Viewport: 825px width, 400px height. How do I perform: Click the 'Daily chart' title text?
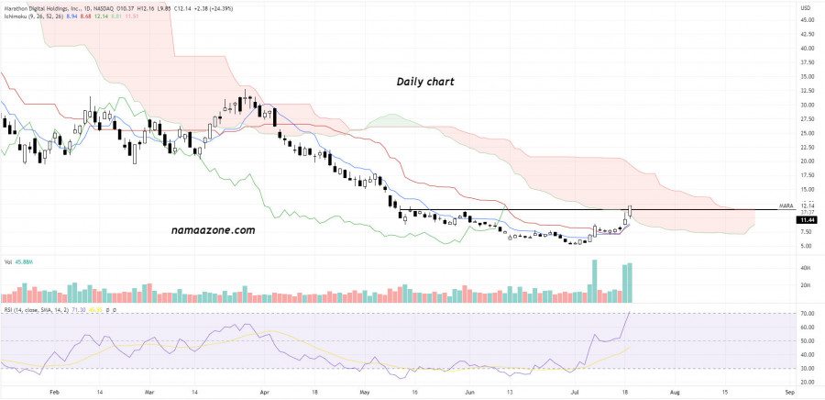[425, 82]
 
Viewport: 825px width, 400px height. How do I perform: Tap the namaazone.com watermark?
[212, 230]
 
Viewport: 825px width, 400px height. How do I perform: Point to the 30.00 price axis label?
[808, 105]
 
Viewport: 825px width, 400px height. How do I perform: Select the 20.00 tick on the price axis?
[808, 161]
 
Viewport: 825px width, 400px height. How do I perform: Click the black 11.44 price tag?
[808, 220]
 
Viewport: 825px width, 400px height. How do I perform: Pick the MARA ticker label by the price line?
[786, 206]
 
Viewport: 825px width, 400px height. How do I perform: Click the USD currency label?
[807, 8]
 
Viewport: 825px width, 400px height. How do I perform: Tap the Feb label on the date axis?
[53, 391]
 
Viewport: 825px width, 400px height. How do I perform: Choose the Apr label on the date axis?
[264, 391]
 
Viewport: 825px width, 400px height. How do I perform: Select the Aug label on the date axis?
[675, 391]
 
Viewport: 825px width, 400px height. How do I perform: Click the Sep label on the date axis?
[777, 391]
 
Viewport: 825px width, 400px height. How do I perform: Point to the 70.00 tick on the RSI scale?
[807, 314]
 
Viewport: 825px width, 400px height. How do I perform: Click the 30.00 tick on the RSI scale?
[807, 368]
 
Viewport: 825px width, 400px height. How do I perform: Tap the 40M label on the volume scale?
[806, 268]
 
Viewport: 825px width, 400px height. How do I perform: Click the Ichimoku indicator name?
[19, 17]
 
